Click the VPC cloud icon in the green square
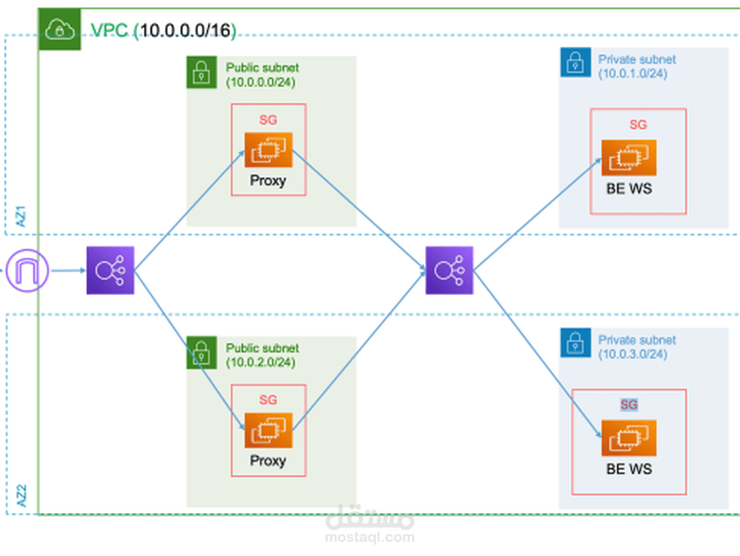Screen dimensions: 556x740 pos(55,30)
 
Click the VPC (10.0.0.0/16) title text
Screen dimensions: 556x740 pos(162,30)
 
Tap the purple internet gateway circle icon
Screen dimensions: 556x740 pos(27,271)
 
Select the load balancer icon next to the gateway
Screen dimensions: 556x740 pos(110,271)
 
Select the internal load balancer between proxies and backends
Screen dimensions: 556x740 pos(449,271)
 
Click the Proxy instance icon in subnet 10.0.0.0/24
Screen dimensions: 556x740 pos(268,151)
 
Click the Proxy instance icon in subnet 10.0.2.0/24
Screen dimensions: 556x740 pos(268,431)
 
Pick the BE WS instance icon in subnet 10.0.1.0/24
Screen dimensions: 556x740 pos(629,158)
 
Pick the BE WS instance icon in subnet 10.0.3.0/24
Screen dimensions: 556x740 pos(629,438)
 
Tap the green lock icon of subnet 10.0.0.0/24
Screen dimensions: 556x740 pos(200,71)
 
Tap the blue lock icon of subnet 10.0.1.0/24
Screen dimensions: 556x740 pos(574,63)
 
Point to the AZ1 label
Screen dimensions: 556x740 pos(22,216)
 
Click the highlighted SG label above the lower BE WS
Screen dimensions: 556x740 pos(629,405)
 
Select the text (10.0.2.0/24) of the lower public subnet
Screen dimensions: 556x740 pos(260,362)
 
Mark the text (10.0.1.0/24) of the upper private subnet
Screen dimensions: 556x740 pos(632,73)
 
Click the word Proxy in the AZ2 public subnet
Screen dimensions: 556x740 pos(268,460)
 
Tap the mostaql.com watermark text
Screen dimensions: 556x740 pos(369,537)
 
